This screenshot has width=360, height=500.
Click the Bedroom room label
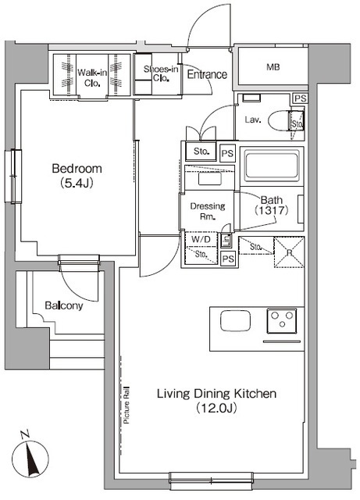[77, 169]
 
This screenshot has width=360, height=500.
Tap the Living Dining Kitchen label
[216, 394]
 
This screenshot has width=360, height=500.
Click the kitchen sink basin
[235, 321]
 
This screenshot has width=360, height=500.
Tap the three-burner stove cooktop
[282, 320]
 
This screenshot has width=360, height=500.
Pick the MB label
[273, 67]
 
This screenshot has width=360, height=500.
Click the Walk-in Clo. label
[92, 78]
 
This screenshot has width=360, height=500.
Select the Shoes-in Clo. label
[161, 73]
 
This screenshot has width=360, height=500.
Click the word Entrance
[207, 75]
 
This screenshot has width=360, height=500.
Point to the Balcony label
[64, 305]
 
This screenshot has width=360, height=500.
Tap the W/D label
[201, 239]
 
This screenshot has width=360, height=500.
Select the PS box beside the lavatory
[300, 98]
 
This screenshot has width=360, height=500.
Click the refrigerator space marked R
[289, 252]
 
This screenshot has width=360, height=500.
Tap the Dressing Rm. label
[208, 211]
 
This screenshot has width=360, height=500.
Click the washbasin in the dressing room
[210, 179]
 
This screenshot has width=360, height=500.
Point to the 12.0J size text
[216, 408]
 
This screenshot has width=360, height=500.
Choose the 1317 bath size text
[271, 210]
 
